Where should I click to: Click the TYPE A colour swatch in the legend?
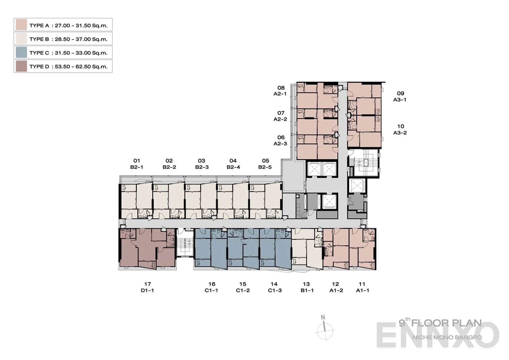coord(21,25)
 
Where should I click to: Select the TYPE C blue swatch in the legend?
coord(21,52)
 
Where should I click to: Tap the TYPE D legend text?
coord(68,67)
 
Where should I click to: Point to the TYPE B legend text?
coord(68,39)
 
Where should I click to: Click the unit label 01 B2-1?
coord(137,164)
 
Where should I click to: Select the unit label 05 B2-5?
coord(265,164)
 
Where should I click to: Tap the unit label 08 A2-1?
coord(280,91)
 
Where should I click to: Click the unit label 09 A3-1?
coord(400,96)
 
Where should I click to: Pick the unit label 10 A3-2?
coord(400,129)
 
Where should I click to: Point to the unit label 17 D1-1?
coord(147,287)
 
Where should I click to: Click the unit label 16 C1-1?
coord(212,287)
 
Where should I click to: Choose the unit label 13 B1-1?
coord(306,287)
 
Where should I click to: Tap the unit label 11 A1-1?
coord(362,287)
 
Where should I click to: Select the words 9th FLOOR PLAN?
coord(440,323)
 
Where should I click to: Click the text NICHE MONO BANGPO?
coord(447,337)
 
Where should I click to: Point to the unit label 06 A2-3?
coord(280,140)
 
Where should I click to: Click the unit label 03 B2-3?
coord(202,164)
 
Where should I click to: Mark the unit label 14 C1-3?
coord(274,287)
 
